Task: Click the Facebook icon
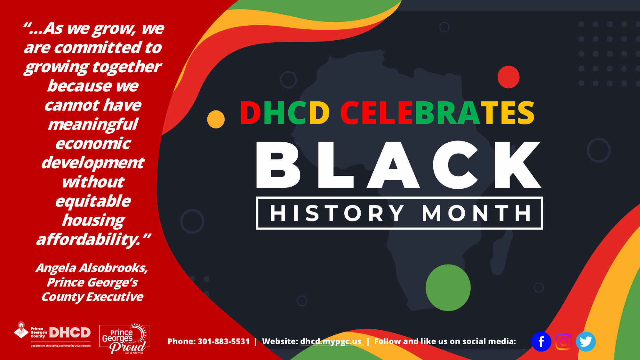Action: click(541, 341)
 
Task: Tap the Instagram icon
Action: click(564, 341)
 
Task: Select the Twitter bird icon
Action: click(586, 341)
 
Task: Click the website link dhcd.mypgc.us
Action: click(331, 341)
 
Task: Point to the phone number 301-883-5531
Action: click(223, 341)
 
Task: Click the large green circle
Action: click(448, 287)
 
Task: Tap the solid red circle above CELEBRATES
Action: click(508, 77)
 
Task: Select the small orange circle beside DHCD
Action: click(216, 119)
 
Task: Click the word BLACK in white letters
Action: click(398, 165)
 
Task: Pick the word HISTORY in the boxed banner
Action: click(337, 213)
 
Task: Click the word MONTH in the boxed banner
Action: click(476, 213)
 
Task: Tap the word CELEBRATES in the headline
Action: click(437, 113)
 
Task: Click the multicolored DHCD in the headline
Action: click(285, 113)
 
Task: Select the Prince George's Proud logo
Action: click(125, 339)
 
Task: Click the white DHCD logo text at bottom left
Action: click(70, 333)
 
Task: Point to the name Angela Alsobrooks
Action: click(92, 268)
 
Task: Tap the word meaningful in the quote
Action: click(93, 124)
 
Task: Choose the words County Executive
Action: click(92, 297)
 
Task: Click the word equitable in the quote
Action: click(93, 201)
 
